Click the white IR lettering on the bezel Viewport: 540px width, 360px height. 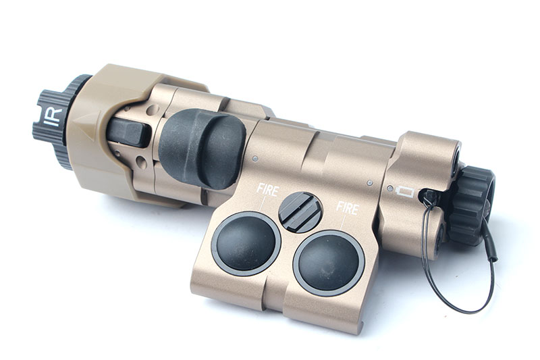pos(53,116)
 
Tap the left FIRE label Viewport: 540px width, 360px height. pos(267,189)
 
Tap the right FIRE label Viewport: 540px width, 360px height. pos(347,208)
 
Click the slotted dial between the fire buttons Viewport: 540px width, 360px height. pos(300,212)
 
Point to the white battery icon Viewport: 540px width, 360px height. pos(405,192)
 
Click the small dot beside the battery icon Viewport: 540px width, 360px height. pos(390,188)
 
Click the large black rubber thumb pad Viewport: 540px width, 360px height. pos(201,149)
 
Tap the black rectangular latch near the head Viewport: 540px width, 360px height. pos(128,132)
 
